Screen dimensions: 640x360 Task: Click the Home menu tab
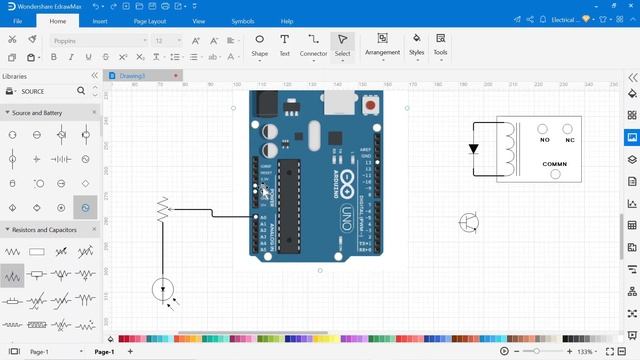pos(58,20)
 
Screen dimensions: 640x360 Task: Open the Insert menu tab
pos(100,20)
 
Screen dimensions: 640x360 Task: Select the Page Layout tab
pos(149,20)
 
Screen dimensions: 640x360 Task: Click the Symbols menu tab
pos(243,20)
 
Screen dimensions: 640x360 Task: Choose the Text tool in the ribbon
pos(284,45)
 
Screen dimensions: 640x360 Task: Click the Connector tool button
pos(314,45)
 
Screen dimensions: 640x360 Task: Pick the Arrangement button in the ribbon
pos(382,44)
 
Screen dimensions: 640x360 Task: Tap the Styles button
pos(416,44)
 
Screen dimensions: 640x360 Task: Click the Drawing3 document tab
pos(133,76)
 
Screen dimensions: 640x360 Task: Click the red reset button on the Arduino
pos(372,104)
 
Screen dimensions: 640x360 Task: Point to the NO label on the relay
pos(544,128)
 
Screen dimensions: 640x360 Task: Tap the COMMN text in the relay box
pos(555,163)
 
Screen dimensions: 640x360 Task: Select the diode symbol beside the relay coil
pos(474,149)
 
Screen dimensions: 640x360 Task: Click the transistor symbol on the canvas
pos(469,222)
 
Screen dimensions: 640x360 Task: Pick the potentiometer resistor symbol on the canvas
pos(163,210)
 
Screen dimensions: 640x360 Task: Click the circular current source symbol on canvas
pos(163,290)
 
